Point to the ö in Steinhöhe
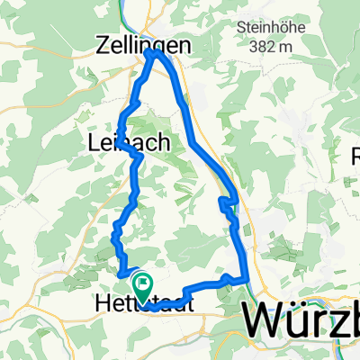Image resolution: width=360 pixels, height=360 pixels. tap(285, 24)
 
